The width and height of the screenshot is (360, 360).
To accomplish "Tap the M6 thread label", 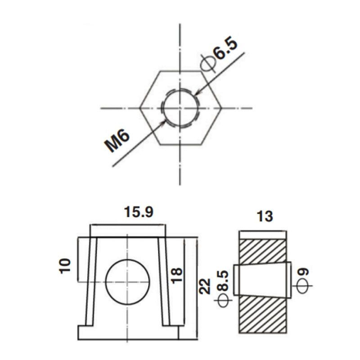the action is coord(117,140).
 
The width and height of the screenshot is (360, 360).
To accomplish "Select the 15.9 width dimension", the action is coord(139,212).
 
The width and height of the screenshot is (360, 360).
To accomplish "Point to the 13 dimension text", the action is coord(265,216).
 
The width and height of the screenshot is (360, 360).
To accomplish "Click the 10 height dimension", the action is coord(65,266).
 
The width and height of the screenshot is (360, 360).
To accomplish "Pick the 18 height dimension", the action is coord(177,276).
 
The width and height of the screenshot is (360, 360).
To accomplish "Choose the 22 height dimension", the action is coord(205,286).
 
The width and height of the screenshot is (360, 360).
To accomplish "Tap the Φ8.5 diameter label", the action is coord(223,288).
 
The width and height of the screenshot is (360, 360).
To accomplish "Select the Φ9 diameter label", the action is coord(302,281).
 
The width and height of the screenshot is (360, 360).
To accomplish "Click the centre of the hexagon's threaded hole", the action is coord(180,108).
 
